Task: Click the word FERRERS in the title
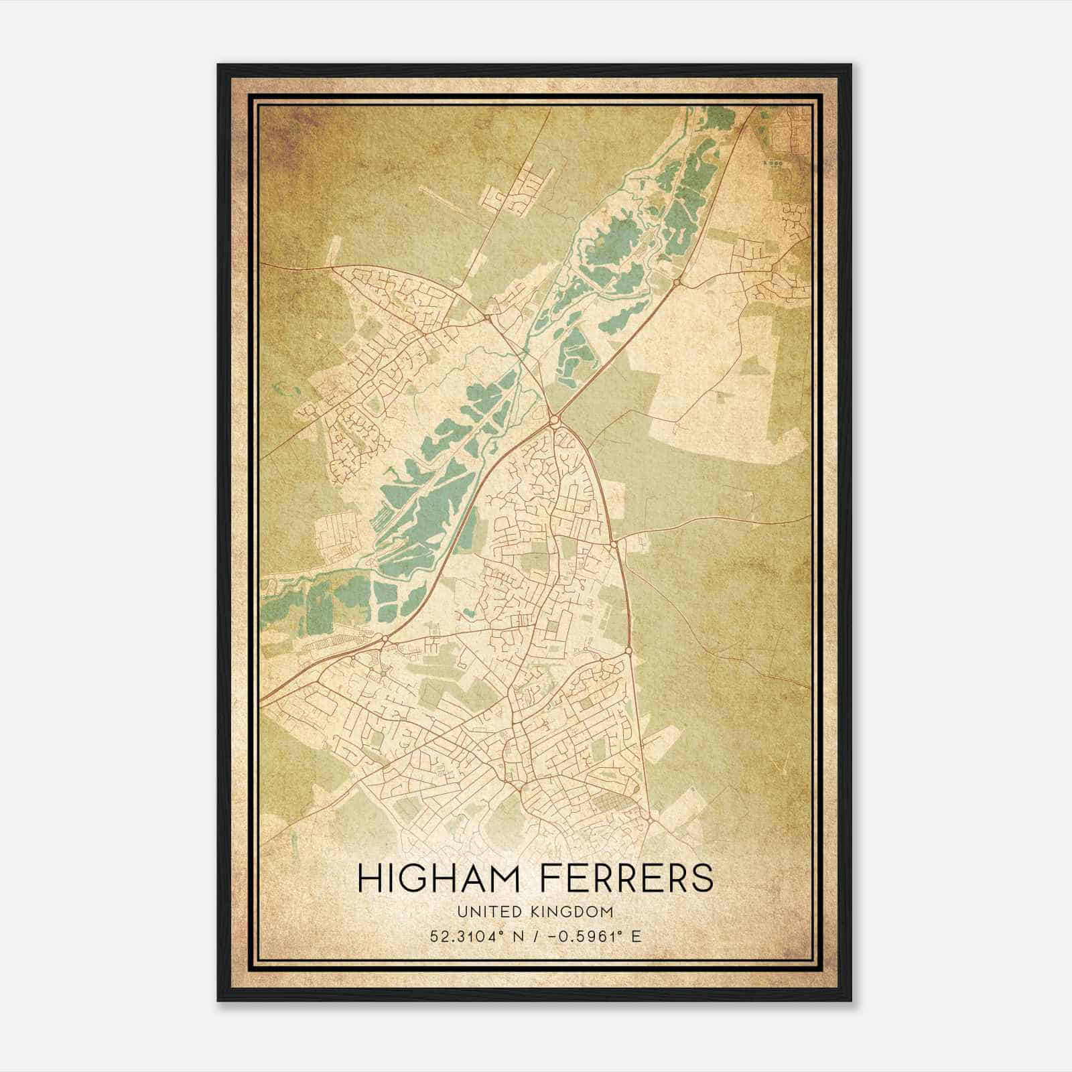pos(621,878)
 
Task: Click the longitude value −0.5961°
pos(585,936)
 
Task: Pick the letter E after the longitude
pos(636,936)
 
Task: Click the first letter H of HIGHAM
pos(368,878)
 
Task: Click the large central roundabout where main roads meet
pos(554,420)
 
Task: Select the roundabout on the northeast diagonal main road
pos(676,283)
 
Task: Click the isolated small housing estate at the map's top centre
pos(519,194)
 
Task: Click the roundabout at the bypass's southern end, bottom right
pos(649,819)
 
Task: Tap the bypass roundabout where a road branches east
pos(614,545)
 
